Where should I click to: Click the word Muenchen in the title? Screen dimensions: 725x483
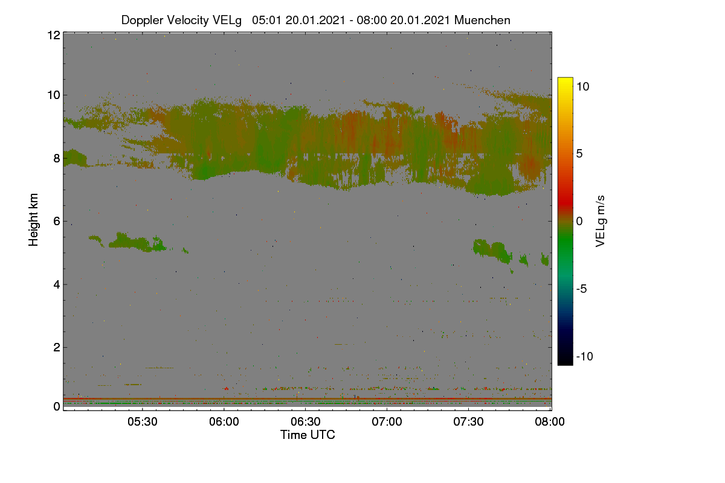click(x=482, y=20)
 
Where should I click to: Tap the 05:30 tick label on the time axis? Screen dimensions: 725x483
click(x=142, y=421)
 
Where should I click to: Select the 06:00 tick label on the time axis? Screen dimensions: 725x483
click(x=224, y=421)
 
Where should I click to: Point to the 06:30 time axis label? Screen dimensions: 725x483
click(x=305, y=421)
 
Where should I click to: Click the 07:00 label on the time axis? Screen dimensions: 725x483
click(x=387, y=421)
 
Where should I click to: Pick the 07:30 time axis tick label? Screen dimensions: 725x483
click(x=468, y=421)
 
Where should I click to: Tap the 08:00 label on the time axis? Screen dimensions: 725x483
click(x=550, y=421)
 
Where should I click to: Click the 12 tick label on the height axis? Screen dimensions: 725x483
click(x=54, y=35)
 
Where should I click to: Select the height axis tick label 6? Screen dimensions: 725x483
click(x=57, y=222)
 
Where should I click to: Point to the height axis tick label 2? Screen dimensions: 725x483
click(x=57, y=347)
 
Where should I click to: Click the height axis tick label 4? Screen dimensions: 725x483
click(x=57, y=285)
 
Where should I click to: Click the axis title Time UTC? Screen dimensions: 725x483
click(x=308, y=435)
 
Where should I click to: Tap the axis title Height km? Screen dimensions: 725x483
click(x=33, y=220)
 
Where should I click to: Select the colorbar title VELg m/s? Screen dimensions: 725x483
click(x=600, y=222)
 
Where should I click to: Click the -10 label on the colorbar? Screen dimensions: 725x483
click(x=585, y=356)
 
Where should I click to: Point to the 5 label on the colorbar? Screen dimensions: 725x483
click(x=579, y=154)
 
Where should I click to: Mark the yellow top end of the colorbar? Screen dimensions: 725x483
click(x=565, y=78)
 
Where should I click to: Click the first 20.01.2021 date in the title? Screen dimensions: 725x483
click(x=315, y=20)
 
